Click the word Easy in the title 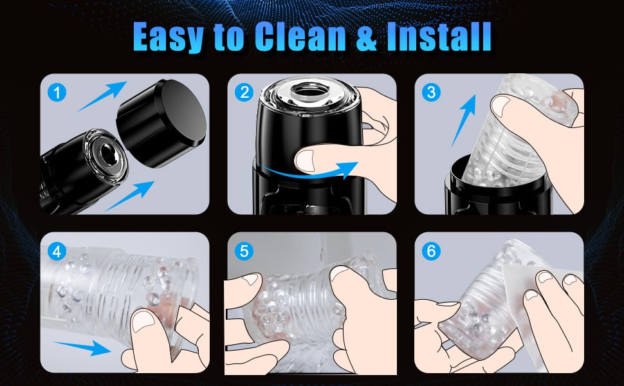click(169, 37)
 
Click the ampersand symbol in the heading click(366, 37)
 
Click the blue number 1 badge click(57, 93)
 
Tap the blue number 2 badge click(244, 93)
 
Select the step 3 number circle click(431, 93)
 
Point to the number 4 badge click(57, 251)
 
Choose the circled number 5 click(244, 251)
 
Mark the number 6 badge click(431, 251)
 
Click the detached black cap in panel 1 click(161, 123)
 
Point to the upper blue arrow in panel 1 click(102, 96)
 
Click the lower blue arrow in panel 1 click(130, 196)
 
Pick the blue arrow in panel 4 click(82, 347)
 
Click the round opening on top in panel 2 click(307, 93)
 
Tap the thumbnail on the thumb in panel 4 click(143, 321)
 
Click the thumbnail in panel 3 click(501, 106)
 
